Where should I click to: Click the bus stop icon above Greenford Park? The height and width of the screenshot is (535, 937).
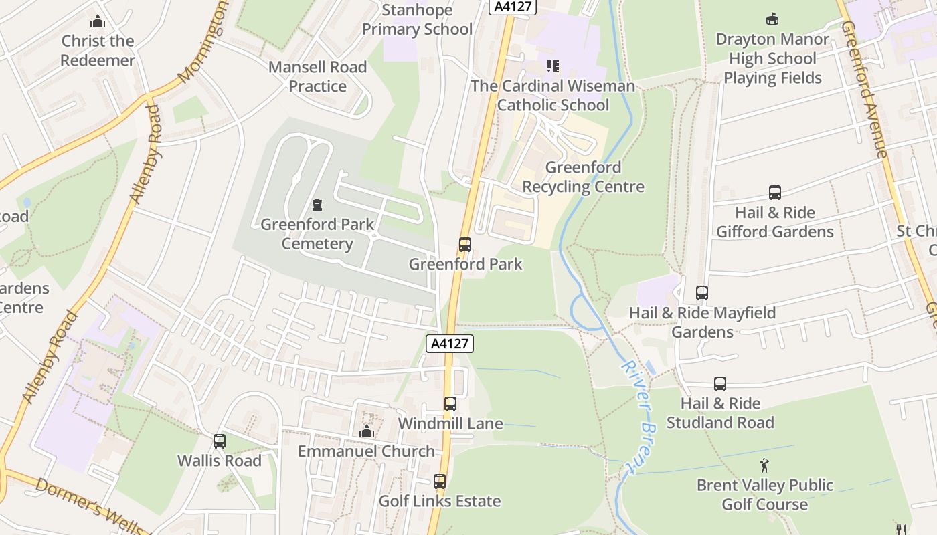(465, 245)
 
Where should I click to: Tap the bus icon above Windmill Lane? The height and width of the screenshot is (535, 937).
(450, 404)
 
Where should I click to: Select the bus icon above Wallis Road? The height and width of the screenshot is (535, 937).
(220, 441)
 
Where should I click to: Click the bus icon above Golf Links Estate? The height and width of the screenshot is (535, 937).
(440, 481)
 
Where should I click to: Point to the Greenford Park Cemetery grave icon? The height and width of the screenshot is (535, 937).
(317, 205)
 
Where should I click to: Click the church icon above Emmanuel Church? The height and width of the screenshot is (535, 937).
(366, 432)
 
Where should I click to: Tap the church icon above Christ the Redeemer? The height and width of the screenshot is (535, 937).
(98, 21)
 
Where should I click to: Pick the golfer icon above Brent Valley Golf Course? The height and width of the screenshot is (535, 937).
(764, 465)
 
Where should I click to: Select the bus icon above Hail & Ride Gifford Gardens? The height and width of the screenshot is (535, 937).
(775, 193)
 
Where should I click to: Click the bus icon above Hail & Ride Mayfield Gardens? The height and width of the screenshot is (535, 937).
(702, 293)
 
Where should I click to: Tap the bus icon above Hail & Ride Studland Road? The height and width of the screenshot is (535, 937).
(720, 384)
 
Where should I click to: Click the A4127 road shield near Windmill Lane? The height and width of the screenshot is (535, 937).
(450, 344)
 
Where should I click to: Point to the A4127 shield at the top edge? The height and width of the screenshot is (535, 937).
(513, 7)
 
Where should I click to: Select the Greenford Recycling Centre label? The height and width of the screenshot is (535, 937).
(583, 177)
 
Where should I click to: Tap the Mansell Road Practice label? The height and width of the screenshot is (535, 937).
(317, 76)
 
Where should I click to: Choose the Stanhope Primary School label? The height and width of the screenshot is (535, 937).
(417, 19)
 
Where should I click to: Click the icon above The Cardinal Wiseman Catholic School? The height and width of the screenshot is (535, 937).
(553, 66)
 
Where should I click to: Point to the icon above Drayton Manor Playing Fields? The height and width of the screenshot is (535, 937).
(772, 19)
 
